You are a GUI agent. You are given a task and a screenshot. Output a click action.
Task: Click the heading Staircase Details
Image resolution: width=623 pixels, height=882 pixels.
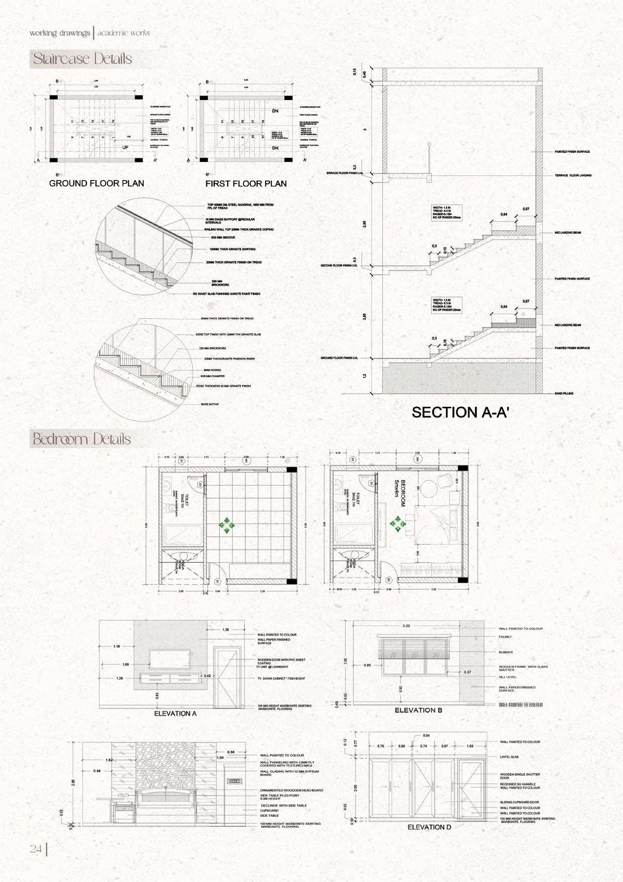click(82, 59)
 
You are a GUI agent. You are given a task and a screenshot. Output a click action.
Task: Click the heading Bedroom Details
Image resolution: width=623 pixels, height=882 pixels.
click(81, 439)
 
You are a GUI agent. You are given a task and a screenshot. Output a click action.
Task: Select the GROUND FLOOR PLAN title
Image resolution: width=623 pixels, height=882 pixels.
click(96, 184)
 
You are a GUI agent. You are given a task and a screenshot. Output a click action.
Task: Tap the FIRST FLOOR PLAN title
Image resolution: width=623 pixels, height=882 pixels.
click(246, 184)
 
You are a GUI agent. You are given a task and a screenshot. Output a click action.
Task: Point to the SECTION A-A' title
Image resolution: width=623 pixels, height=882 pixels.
click(461, 412)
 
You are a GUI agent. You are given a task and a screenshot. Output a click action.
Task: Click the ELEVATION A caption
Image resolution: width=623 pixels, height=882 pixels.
click(175, 713)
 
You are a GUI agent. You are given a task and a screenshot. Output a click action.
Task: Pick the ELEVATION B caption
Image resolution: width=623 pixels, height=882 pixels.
click(419, 710)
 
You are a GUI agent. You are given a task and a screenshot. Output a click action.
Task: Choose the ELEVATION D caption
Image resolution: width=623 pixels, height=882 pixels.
click(429, 827)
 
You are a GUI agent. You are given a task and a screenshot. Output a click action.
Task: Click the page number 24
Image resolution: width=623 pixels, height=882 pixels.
click(36, 849)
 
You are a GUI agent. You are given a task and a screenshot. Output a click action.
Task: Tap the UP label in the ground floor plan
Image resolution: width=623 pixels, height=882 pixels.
click(126, 148)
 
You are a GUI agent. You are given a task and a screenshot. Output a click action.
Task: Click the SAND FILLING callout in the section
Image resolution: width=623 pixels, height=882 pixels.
click(564, 393)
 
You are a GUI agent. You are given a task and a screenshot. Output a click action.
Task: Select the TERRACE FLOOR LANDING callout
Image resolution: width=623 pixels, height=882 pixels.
click(573, 175)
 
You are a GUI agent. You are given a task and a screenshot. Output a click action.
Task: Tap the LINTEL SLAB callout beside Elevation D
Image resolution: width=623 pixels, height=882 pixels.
click(509, 757)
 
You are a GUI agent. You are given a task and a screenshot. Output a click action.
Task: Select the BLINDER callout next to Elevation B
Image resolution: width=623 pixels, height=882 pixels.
click(505, 652)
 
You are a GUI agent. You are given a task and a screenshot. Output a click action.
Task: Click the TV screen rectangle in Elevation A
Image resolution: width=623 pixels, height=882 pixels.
click(169, 660)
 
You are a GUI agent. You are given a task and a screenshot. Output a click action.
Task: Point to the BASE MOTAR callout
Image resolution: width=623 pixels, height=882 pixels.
click(210, 404)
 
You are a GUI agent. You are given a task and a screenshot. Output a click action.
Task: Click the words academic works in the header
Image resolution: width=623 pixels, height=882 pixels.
click(124, 33)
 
